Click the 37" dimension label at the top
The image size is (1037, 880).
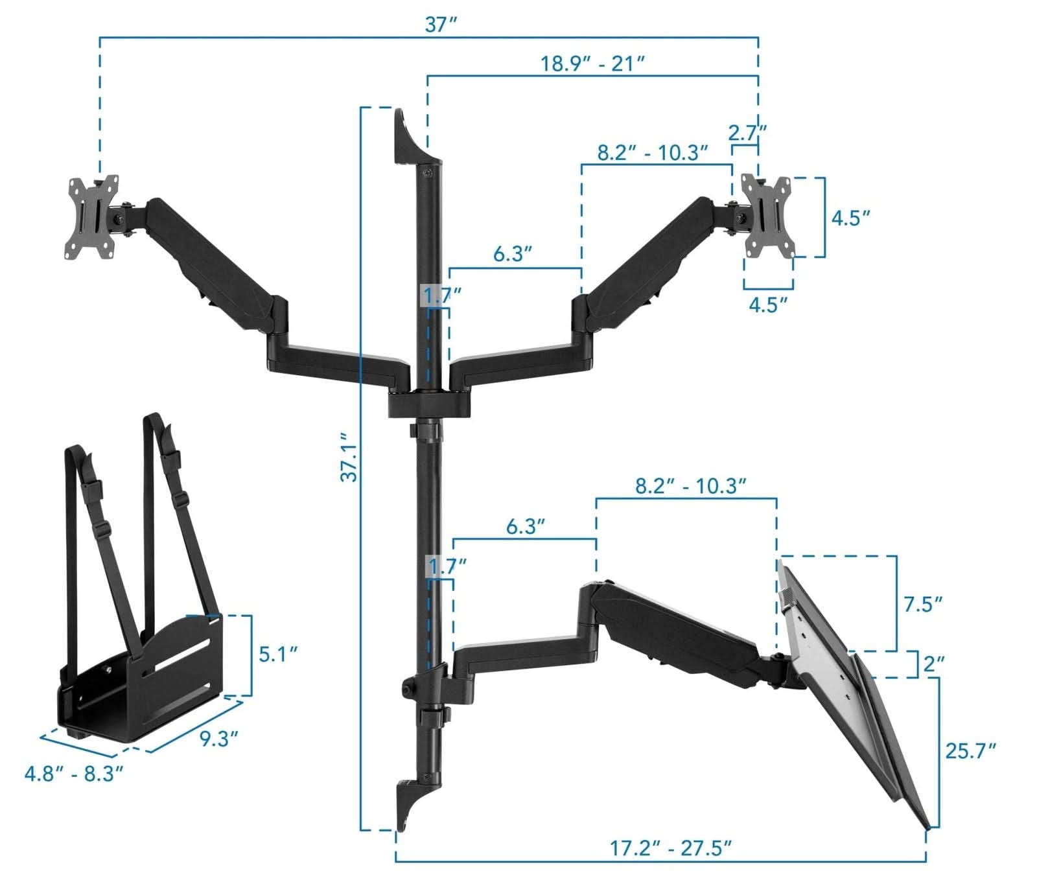pyautogui.click(x=441, y=25)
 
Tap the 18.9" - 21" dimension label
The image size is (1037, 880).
pyautogui.click(x=592, y=64)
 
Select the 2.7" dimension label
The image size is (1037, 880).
pyautogui.click(x=747, y=133)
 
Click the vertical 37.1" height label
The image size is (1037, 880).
pyautogui.click(x=349, y=457)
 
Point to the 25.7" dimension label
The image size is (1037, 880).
pyautogui.click(x=970, y=751)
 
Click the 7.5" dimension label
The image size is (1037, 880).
pyautogui.click(x=923, y=604)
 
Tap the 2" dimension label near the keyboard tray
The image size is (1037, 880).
pyautogui.click(x=933, y=664)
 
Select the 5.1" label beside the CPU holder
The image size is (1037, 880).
pyautogui.click(x=278, y=654)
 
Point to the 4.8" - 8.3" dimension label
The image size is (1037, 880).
pyautogui.click(x=73, y=773)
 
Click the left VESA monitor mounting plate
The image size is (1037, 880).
pyautogui.click(x=93, y=217)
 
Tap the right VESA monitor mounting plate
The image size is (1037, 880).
pyautogui.click(x=768, y=216)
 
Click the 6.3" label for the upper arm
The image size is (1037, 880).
pyautogui.click(x=513, y=253)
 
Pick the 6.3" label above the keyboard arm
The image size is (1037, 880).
pyautogui.click(x=525, y=526)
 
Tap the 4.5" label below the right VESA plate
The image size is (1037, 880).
pyautogui.click(x=768, y=305)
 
